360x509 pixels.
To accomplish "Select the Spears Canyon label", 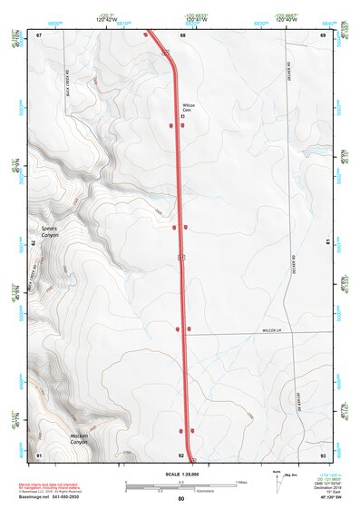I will click(49, 230).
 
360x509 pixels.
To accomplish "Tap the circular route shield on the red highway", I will click(181, 259).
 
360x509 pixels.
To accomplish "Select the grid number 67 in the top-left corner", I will click(39, 34).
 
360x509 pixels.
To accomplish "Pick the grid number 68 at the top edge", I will click(182, 34).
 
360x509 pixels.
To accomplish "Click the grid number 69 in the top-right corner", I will click(323, 34).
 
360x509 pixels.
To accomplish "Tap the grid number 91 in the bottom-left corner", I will click(39, 454).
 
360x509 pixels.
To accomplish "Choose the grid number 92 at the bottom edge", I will click(181, 454).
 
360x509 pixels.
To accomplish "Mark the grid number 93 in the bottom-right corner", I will click(323, 454).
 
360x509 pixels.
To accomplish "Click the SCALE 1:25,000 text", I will click(181, 473).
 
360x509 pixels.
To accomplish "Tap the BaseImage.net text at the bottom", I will click(37, 498).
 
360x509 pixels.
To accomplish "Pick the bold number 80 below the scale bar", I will click(181, 499).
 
